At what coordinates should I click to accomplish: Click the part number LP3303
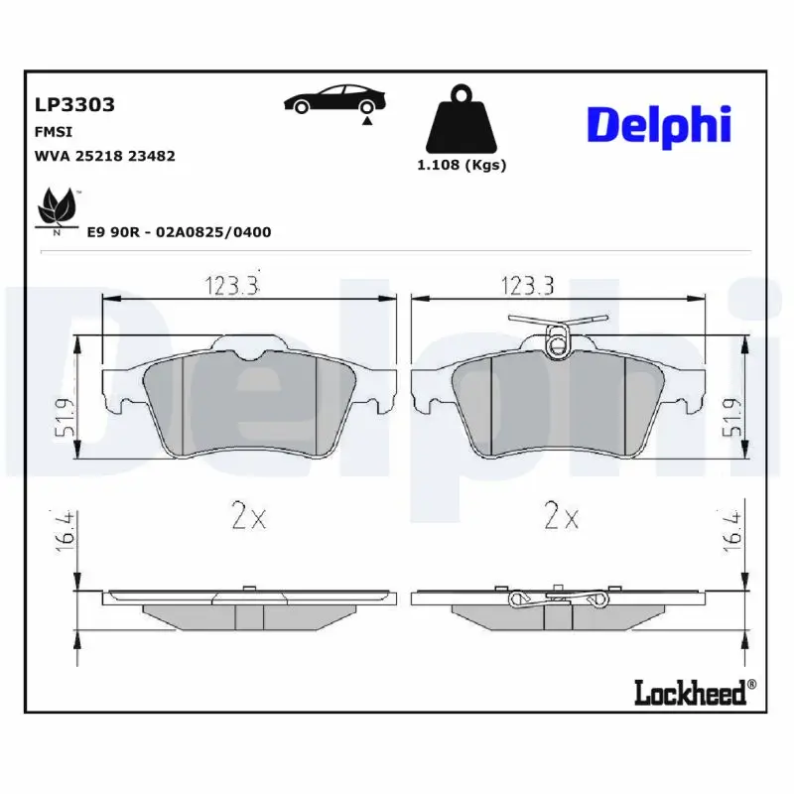[x=75, y=104]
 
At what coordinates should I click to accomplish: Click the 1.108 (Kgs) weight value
[x=462, y=165]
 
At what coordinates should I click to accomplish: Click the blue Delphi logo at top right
[x=659, y=125]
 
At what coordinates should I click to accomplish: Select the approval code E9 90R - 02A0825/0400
[x=179, y=231]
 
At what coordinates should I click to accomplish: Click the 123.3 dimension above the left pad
[x=233, y=286]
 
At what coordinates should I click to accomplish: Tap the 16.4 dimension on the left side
[x=63, y=532]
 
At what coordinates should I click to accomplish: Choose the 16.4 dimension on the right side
[x=731, y=532]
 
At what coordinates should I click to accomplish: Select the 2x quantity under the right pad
[x=562, y=516]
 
